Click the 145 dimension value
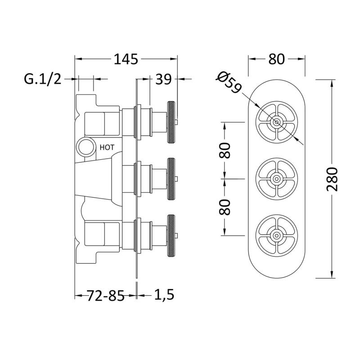click(126, 59)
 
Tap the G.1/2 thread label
click(43, 79)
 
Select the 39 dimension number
click(163, 79)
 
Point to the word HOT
click(107, 147)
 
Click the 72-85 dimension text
click(105, 295)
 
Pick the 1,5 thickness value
click(164, 295)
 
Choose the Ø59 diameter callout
click(229, 82)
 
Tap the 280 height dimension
click(332, 179)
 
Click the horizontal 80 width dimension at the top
click(276, 59)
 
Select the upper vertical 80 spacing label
click(225, 150)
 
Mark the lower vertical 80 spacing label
click(225, 207)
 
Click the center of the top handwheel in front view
click(277, 122)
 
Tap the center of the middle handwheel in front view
click(277, 179)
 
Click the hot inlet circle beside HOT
click(85, 147)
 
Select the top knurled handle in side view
click(171, 122)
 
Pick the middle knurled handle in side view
click(171, 179)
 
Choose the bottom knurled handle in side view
click(171, 235)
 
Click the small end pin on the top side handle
click(176, 122)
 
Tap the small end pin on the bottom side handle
click(176, 235)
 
